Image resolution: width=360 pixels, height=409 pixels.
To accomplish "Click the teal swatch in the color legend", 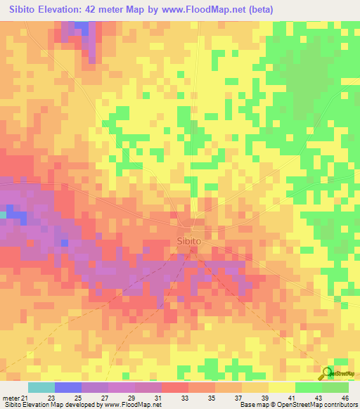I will [41, 387].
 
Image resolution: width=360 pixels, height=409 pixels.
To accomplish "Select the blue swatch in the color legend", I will [68, 387].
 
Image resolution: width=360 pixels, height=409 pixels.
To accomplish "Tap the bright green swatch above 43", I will [308, 387].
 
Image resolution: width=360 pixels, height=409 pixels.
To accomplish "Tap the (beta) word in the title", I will [258, 9].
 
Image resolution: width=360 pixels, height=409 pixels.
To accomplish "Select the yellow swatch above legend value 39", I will [255, 387].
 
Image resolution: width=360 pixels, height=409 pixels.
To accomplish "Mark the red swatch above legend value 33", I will [174, 387].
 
